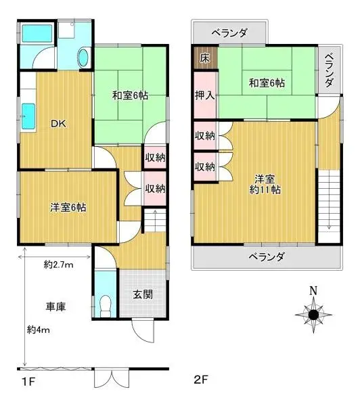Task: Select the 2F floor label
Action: coord(201,382)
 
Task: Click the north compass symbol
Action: coord(313,314)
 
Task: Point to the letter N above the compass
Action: coord(313,292)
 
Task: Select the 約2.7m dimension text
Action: coord(58,265)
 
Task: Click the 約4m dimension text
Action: coord(40,330)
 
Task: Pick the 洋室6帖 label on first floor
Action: coord(67,207)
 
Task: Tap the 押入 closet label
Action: coord(204,95)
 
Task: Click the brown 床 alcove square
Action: coord(204,58)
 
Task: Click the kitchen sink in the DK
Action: coord(29,118)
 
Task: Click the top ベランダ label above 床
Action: coord(228,32)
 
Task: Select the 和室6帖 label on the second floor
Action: coord(266,83)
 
